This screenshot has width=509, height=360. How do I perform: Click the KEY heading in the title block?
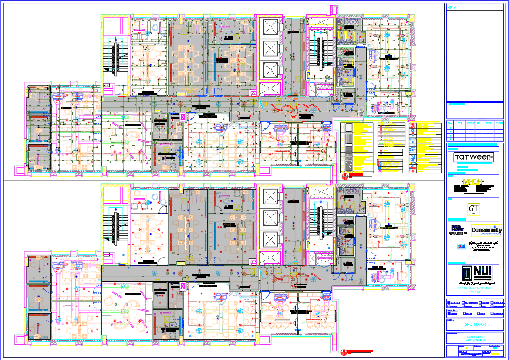tap(451, 7)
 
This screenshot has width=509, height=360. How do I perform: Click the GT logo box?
tap(473, 209)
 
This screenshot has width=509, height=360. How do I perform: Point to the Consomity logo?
tap(486, 230)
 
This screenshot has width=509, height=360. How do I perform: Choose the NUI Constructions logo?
tap(476, 274)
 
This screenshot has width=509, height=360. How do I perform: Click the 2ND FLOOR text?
tap(475, 325)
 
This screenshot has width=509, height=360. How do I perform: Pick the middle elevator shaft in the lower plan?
tap(270, 217)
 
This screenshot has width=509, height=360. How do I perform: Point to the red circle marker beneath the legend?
tap(344, 176)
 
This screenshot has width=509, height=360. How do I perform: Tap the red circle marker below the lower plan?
tap(344, 352)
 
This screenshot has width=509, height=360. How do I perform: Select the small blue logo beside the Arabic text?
tap(461, 247)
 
